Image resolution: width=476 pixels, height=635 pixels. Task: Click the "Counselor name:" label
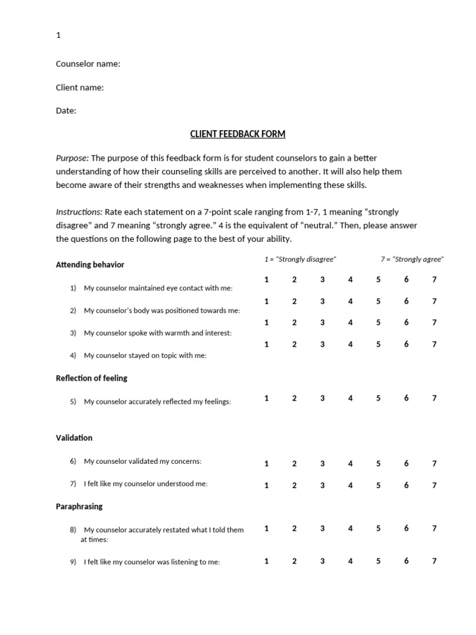click(x=88, y=64)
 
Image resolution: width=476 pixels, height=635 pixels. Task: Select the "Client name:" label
click(x=80, y=87)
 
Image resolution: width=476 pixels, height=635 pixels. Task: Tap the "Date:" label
click(x=66, y=111)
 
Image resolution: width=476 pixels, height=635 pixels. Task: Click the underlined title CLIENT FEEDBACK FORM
click(x=237, y=134)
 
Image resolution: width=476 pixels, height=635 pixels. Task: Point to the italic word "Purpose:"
click(x=73, y=158)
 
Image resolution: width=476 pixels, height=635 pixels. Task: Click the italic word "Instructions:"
click(x=79, y=212)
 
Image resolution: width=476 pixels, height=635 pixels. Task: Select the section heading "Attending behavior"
click(x=90, y=265)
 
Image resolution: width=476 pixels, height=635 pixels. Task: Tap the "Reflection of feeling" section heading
click(x=92, y=378)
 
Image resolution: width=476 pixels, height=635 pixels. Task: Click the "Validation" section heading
click(x=74, y=438)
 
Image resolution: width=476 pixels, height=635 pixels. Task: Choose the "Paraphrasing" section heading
click(x=79, y=507)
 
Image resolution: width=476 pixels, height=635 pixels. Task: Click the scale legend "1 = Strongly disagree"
click(x=300, y=259)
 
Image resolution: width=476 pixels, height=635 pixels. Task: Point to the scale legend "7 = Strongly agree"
click(x=412, y=259)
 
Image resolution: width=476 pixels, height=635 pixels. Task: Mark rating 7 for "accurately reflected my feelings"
click(x=434, y=399)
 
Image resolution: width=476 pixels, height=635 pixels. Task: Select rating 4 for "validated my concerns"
click(x=350, y=464)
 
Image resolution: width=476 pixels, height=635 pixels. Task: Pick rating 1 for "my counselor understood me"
click(x=267, y=486)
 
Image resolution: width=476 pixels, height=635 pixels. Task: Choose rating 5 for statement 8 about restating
click(x=378, y=528)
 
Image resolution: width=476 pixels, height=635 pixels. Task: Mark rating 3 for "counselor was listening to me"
click(x=322, y=561)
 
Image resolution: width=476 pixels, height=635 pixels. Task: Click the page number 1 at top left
click(x=58, y=35)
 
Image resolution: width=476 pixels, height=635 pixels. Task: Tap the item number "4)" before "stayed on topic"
click(x=73, y=355)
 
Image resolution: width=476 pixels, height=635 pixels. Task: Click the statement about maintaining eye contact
click(x=157, y=288)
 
